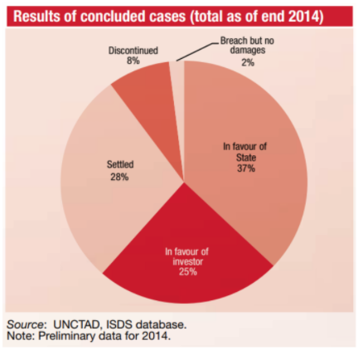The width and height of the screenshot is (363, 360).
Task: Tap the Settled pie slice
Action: coord(91,191)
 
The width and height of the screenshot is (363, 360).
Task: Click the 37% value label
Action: coord(244,168)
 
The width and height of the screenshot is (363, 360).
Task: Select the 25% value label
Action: coord(186,271)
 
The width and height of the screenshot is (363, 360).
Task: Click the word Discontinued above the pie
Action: coord(132,51)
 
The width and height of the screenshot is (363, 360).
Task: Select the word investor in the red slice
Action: coord(186,260)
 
